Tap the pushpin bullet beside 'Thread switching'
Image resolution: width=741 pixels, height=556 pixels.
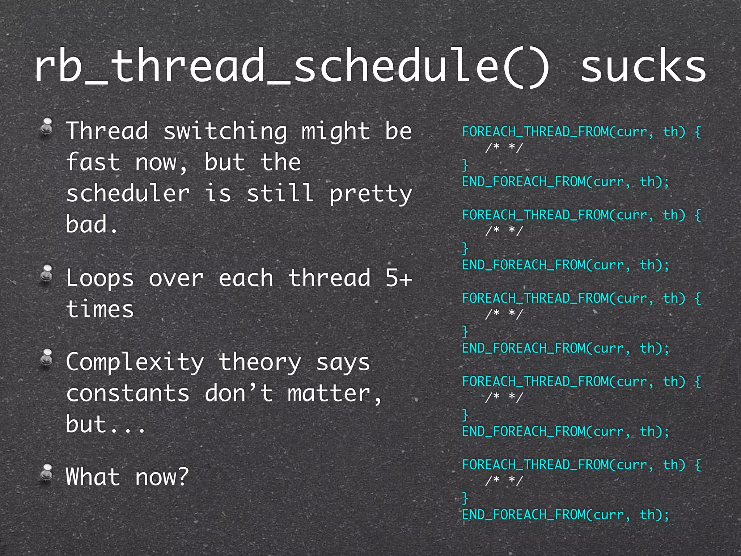pyautogui.click(x=47, y=127)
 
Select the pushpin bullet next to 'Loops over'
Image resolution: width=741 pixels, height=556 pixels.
pyautogui.click(x=47, y=274)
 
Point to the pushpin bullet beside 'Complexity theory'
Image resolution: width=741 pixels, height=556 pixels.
pyautogui.click(x=47, y=358)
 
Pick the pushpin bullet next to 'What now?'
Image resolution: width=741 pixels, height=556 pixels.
pyautogui.click(x=47, y=473)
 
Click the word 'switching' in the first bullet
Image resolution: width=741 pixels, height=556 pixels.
pyautogui.click(x=225, y=131)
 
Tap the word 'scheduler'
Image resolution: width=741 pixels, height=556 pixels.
pyautogui.click(x=128, y=193)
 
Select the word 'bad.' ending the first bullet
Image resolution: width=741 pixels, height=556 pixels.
pyautogui.click(x=92, y=224)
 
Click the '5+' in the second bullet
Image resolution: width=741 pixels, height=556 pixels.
pyautogui.click(x=399, y=278)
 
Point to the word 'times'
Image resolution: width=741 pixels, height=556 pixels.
pyautogui.click(x=100, y=309)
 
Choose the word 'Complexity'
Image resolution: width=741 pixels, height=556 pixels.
pyautogui.click(x=135, y=362)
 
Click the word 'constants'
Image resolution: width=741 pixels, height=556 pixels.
pyautogui.click(x=128, y=393)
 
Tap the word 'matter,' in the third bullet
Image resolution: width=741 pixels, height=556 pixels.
pyautogui.click(x=335, y=393)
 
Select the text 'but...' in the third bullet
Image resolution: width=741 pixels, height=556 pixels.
pyautogui.click(x=106, y=424)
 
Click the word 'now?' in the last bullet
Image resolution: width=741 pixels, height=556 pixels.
pyautogui.click(x=162, y=477)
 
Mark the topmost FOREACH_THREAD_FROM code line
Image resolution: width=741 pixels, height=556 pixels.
pyautogui.click(x=581, y=132)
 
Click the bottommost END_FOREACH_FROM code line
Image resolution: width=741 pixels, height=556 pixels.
pyautogui.click(x=566, y=515)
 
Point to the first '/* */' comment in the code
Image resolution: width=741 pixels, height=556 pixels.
pyautogui.click(x=504, y=148)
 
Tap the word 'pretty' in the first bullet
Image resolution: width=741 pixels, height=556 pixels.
pyautogui.click(x=370, y=193)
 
